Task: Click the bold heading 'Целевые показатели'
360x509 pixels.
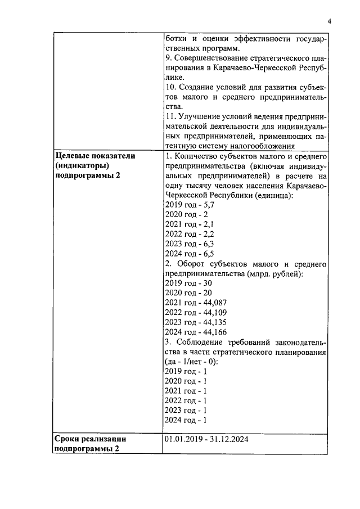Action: tap(94, 156)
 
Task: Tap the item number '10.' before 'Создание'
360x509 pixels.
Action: tap(171, 87)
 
